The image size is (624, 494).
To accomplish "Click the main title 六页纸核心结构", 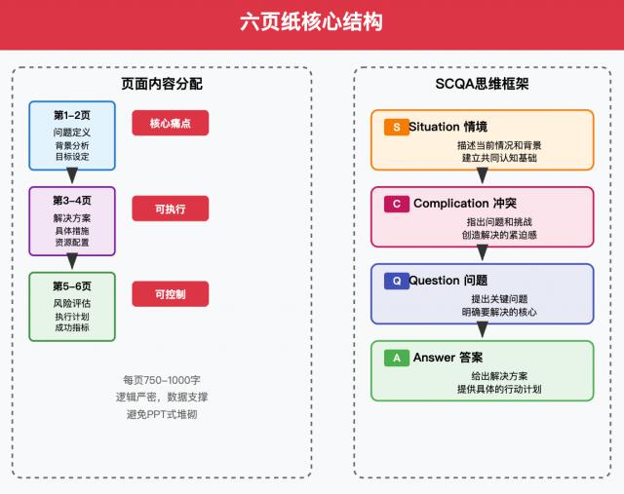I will tap(312, 23).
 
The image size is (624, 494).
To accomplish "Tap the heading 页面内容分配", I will tap(162, 84).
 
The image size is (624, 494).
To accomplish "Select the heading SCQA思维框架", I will tap(482, 84).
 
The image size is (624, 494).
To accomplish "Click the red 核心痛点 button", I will tap(171, 124).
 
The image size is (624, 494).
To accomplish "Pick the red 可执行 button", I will tap(171, 209).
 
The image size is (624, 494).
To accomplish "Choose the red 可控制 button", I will tap(171, 293).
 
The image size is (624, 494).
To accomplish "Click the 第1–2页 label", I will tap(72, 115).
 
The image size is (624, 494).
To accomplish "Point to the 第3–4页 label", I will tap(72, 200).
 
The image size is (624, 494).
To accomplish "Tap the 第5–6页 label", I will tap(72, 285).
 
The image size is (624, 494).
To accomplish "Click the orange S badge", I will tap(396, 128).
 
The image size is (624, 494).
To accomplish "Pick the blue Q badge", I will tap(396, 281).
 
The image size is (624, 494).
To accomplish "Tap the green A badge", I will tap(396, 358).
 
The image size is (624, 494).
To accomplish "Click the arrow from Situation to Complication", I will tap(482, 176).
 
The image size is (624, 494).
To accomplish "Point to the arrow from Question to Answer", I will tap(482, 330).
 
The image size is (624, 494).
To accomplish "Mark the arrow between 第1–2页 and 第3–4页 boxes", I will tap(72, 176).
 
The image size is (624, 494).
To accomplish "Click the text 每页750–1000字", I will tap(162, 380).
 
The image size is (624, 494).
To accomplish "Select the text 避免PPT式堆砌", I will tap(162, 414).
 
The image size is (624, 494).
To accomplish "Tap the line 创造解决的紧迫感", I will tap(499, 235).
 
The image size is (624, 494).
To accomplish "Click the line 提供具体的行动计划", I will tap(499, 389).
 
